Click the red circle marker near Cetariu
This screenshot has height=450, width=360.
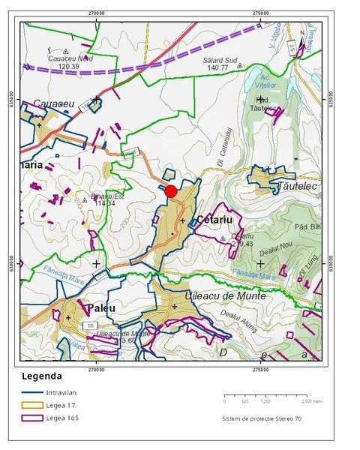171,191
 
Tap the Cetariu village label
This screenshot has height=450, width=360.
216,220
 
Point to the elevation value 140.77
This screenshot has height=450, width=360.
218,67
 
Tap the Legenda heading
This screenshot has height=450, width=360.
43,376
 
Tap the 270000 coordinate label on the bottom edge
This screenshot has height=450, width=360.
96,368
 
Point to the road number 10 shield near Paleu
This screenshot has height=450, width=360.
89,325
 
